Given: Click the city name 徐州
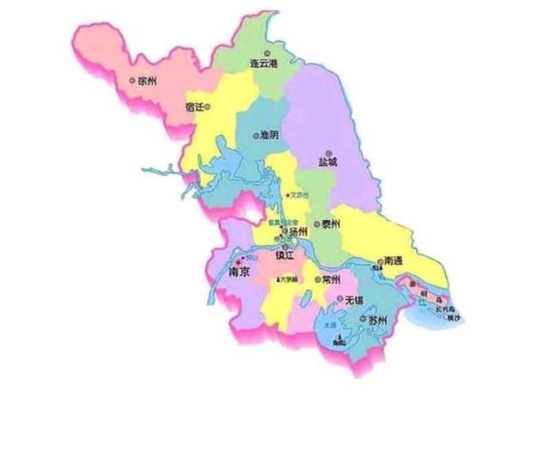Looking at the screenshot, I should (x=147, y=82).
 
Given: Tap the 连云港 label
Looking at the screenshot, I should (x=264, y=64).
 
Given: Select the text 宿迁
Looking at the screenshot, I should (x=194, y=107).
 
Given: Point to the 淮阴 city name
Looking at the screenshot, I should (x=269, y=135).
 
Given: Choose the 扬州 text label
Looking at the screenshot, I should (x=297, y=232).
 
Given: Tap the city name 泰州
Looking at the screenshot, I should (x=333, y=224).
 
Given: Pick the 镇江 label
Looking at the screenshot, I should (x=284, y=256).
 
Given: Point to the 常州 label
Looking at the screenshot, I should (x=331, y=280).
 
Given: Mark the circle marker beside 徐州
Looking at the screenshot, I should (x=132, y=81).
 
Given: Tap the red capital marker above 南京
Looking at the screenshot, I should (x=238, y=260).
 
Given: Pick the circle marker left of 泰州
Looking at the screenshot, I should (x=317, y=224).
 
